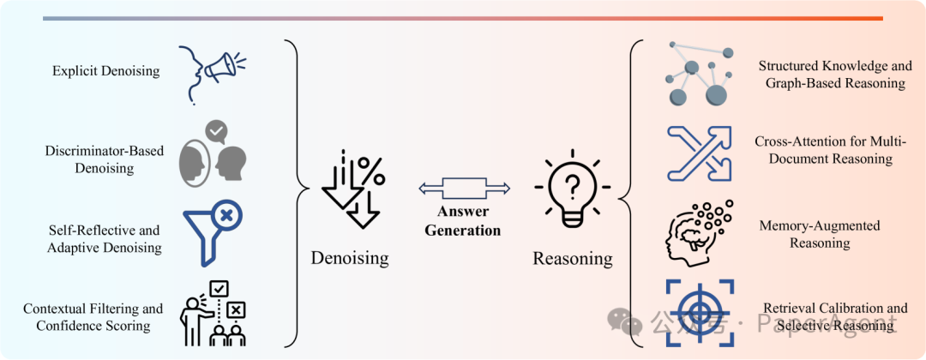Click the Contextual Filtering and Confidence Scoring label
93,317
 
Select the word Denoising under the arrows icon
350,258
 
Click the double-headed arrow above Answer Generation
465,188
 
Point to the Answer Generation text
464,222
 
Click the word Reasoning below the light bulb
573,258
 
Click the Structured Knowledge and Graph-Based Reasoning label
832,75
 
